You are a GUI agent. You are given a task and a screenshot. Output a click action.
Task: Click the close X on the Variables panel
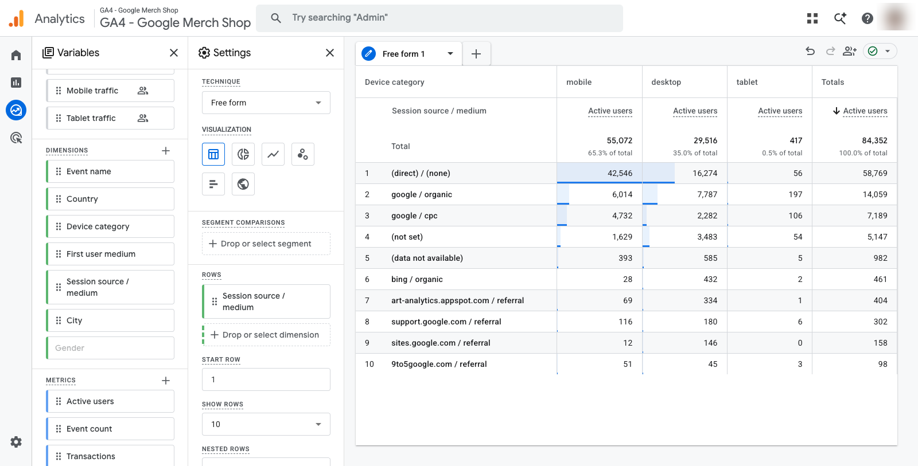(x=174, y=53)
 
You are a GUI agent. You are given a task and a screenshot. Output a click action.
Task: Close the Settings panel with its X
(x=330, y=53)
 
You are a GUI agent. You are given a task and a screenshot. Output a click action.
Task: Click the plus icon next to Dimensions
(x=166, y=151)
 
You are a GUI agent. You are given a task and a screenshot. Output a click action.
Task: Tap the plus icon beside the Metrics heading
(x=166, y=381)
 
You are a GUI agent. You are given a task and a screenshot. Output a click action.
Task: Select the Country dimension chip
(x=110, y=199)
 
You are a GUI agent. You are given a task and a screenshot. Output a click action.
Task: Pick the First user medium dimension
(x=110, y=254)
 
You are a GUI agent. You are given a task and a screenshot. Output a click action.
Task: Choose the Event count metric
(x=110, y=429)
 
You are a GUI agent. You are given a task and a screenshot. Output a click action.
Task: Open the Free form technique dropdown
(x=266, y=103)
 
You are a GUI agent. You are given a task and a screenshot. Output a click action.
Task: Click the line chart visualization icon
(x=273, y=154)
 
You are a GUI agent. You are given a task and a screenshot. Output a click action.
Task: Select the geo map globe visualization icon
(x=243, y=184)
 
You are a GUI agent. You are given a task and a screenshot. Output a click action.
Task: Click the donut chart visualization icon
(x=243, y=154)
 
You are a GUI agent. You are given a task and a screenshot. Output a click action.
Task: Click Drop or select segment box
(x=266, y=244)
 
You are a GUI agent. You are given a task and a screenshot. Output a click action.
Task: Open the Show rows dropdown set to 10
(x=266, y=424)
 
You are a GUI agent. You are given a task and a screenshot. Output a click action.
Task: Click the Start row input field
(x=266, y=379)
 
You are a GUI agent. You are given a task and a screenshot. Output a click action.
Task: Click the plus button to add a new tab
(x=476, y=54)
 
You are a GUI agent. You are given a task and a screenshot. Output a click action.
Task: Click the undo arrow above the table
(x=810, y=51)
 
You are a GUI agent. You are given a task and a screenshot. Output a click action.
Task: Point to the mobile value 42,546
(x=620, y=173)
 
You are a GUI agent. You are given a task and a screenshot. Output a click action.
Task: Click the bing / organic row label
(x=417, y=279)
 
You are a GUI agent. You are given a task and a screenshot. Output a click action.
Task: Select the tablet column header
(x=746, y=82)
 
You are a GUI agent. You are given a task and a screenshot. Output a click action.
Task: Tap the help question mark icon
(x=867, y=18)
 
